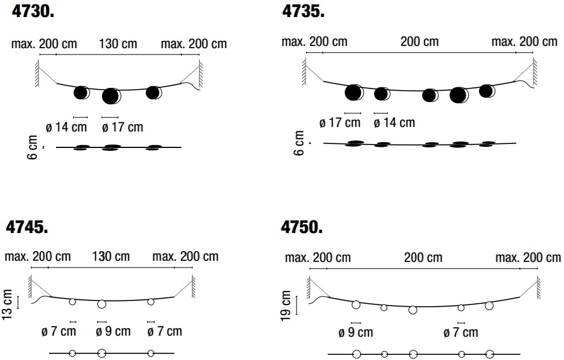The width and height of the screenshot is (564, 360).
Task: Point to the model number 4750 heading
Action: [302, 227]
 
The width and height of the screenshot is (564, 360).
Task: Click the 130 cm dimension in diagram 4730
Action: [118, 44]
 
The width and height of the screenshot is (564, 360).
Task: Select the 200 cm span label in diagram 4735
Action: [419, 41]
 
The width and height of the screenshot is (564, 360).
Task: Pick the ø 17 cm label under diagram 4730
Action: [122, 127]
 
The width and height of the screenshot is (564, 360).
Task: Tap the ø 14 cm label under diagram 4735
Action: [395, 122]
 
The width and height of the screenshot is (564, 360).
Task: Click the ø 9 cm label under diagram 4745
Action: [113, 331]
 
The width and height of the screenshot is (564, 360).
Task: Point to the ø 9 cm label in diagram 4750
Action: [355, 333]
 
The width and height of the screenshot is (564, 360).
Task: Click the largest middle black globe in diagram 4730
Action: [111, 96]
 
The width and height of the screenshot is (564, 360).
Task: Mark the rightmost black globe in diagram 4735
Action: [486, 91]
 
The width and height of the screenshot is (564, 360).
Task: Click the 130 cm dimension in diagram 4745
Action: [112, 256]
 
